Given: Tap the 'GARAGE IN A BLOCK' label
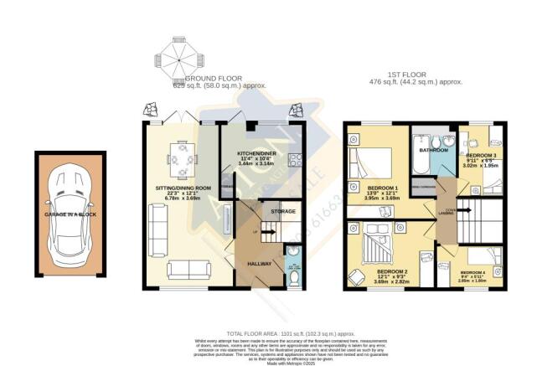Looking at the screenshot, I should pyautogui.click(x=70, y=215).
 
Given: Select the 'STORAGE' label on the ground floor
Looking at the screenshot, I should pyautogui.click(x=283, y=212).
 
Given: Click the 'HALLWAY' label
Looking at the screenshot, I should pyautogui.click(x=252, y=264).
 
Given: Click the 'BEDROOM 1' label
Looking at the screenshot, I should pyautogui.click(x=385, y=186).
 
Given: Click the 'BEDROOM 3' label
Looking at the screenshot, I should pyautogui.click(x=483, y=157).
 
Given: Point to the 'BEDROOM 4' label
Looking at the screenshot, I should pyautogui.click(x=473, y=272).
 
